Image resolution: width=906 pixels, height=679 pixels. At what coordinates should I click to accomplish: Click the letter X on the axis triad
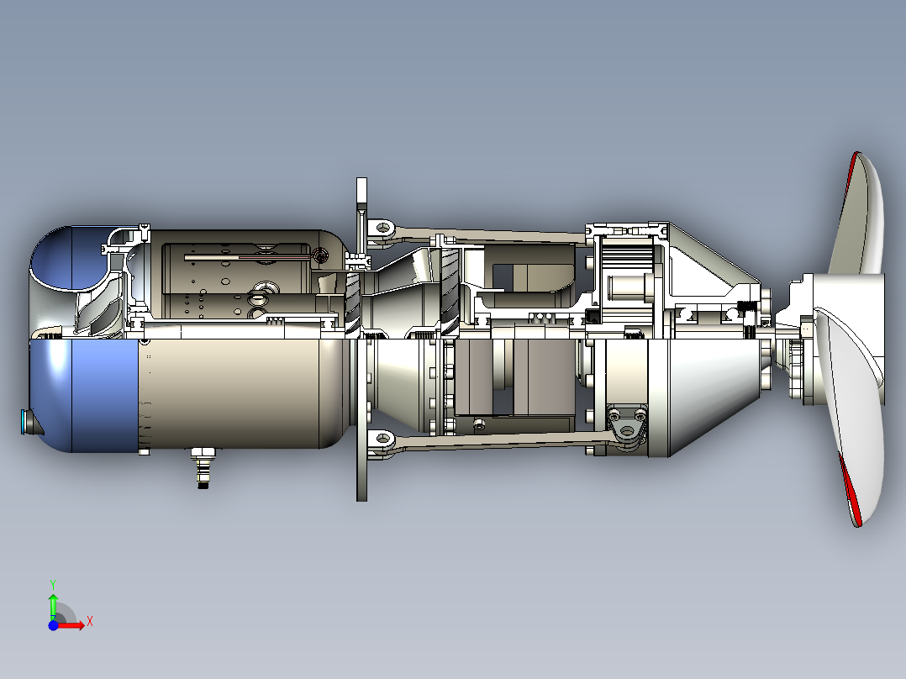[x=90, y=621]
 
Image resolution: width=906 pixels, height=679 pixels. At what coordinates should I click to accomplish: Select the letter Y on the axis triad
[x=52, y=583]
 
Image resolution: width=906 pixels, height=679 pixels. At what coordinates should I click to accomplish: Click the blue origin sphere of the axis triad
[x=53, y=625]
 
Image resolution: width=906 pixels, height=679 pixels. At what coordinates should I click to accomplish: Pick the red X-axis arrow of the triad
[x=73, y=625]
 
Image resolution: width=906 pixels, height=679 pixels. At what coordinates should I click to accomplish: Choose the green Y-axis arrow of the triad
[x=53, y=605]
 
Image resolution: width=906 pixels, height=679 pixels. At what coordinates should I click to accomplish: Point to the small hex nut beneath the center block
[x=479, y=423]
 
